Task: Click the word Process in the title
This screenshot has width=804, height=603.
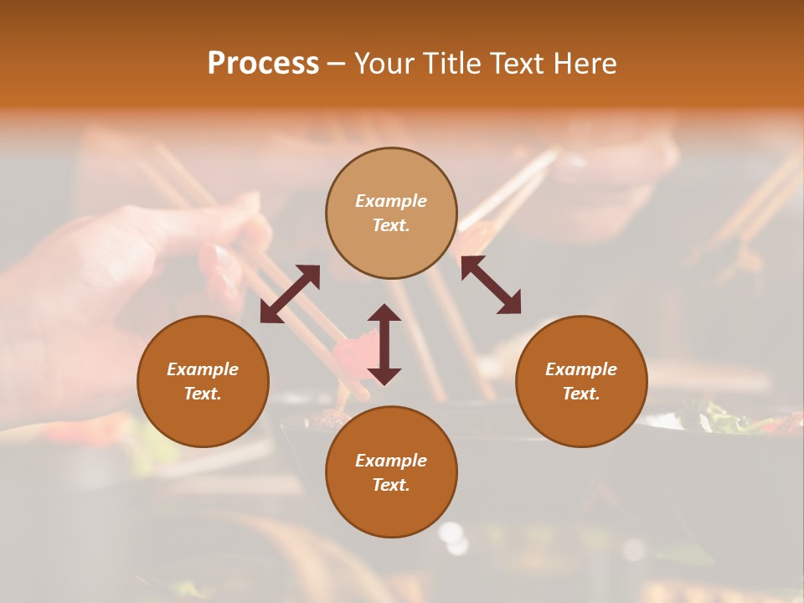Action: point(263,63)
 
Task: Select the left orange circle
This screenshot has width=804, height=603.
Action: point(203,410)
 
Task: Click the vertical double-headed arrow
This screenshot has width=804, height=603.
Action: point(384,344)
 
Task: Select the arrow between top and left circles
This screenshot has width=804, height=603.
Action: point(290,294)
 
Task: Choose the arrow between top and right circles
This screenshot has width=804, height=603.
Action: point(491,285)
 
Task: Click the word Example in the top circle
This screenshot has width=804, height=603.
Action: point(391,201)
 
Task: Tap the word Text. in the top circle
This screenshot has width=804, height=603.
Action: point(391,225)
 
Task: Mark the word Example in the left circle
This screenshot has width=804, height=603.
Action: point(203,369)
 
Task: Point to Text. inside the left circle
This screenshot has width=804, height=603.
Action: point(203,394)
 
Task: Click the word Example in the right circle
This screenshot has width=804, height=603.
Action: point(581,369)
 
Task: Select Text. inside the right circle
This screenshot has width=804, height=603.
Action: point(581,394)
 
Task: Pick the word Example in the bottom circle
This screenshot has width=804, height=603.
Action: point(391,461)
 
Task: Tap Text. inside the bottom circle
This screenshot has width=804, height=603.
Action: point(391,485)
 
